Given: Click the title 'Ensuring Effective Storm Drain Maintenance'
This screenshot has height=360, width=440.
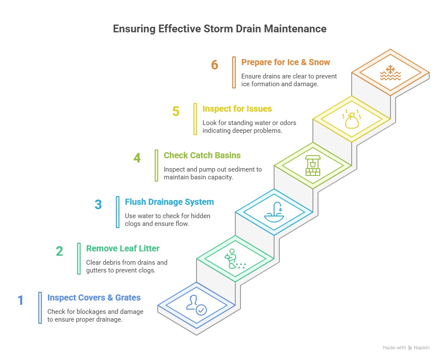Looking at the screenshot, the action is click(220, 28).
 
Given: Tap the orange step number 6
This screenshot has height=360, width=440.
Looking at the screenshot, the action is click(215, 65).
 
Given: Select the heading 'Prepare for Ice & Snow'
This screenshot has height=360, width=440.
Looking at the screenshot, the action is click(285, 62).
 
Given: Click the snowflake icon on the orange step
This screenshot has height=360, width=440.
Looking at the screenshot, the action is click(390, 72).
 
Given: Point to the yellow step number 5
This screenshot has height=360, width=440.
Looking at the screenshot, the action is click(176, 112).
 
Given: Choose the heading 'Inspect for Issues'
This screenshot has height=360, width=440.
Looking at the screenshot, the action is click(237, 109).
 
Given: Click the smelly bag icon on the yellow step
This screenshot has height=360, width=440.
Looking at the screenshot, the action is click(352, 119).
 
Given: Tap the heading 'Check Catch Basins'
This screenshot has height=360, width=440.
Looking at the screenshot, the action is click(202, 155).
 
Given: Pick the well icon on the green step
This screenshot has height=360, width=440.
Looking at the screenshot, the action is click(313, 166).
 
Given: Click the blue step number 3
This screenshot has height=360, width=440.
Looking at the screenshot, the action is click(98, 204).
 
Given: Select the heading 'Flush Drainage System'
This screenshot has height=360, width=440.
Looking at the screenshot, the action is click(169, 202).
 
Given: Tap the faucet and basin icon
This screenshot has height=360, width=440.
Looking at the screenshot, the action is click(274, 212).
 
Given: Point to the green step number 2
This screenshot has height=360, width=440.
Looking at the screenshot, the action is click(59, 251).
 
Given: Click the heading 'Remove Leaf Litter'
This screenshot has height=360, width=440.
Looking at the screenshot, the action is click(123, 248).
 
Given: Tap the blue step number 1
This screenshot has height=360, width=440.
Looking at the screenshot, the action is click(21, 300).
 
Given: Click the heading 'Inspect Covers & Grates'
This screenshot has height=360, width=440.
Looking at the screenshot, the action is click(94, 297).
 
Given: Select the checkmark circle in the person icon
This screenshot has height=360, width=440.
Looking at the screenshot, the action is click(201, 310).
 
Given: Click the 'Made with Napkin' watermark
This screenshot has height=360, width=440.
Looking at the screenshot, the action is click(406, 347).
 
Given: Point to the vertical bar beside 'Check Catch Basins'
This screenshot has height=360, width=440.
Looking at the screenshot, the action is click(156, 166).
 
